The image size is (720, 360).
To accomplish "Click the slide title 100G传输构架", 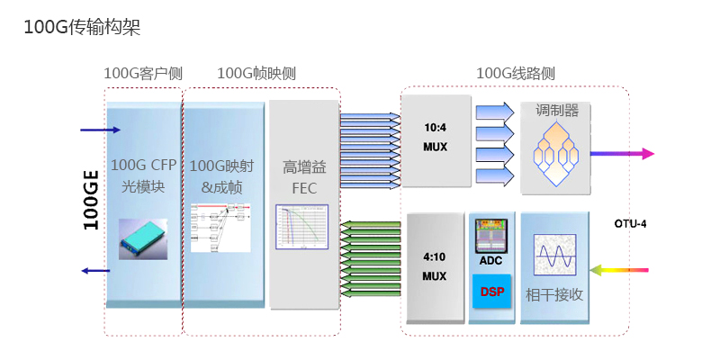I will pos(82,28).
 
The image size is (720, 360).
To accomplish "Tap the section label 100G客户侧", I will pos(143,73).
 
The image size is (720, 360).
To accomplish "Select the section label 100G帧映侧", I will pos(256,73).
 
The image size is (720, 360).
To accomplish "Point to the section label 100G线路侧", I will pos(515,73).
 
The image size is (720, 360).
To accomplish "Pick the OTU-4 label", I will pos(631,222).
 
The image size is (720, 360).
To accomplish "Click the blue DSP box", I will pos(491,292).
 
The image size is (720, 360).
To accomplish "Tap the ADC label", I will pos(490,261).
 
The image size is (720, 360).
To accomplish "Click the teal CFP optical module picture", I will pos(143,236).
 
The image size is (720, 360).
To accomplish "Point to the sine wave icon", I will pos(554,255).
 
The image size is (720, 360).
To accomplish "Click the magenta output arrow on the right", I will pos(622,153).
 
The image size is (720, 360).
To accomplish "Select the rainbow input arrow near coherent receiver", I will pos(622,268).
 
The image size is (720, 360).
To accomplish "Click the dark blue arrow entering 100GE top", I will pos(99,130).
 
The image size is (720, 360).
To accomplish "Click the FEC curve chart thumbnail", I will pos(301,228).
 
